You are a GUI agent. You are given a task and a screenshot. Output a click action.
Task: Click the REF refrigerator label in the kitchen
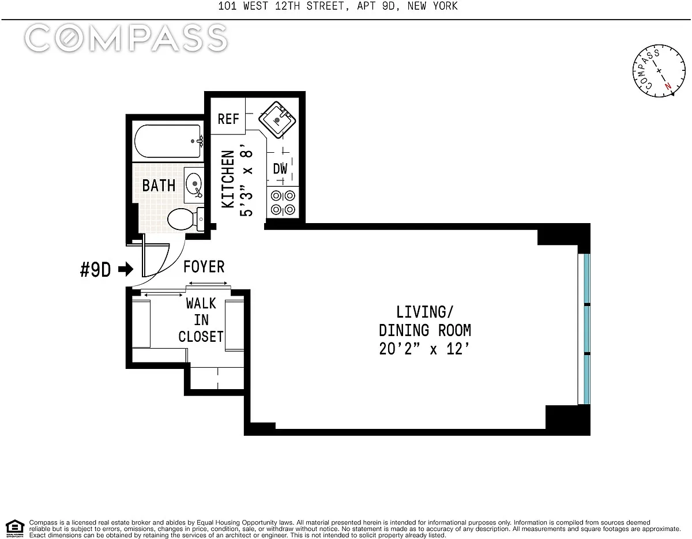(228, 119)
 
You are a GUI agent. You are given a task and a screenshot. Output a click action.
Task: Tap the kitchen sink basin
(277, 120)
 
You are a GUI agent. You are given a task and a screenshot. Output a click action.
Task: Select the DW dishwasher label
(280, 168)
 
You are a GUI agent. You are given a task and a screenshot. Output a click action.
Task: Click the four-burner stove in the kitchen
(283, 202)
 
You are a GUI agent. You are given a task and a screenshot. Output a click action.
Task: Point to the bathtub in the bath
(168, 141)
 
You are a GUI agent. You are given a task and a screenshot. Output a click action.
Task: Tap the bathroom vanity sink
(194, 185)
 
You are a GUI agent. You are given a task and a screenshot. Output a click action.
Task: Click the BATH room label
(159, 186)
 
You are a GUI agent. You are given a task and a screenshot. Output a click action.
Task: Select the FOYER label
(204, 266)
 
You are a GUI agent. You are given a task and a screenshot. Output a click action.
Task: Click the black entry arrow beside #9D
(126, 269)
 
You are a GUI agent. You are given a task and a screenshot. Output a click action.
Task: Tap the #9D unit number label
(95, 270)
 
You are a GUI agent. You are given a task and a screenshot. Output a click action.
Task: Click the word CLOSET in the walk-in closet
(201, 337)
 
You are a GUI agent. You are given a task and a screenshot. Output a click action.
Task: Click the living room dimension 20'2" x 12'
(424, 349)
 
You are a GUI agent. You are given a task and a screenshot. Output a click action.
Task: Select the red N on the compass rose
(668, 86)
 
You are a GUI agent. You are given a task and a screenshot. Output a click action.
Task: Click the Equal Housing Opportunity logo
(15, 529)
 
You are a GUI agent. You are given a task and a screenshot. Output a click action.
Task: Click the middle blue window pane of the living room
(586, 329)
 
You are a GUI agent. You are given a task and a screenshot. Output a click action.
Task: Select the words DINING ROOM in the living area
(425, 330)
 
